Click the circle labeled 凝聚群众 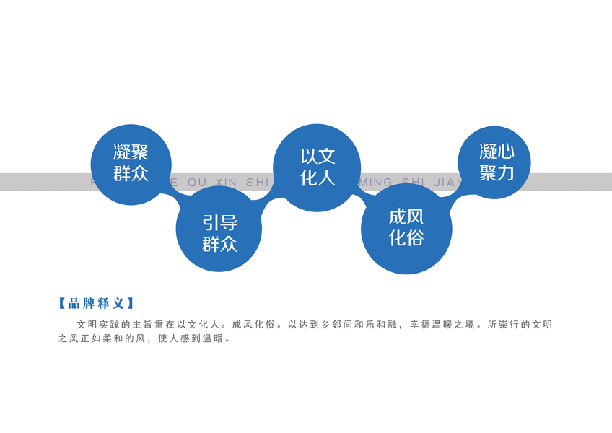coord(131,163)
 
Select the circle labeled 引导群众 coord(219,232)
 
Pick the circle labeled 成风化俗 coord(406,228)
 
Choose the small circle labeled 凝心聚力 coord(495,162)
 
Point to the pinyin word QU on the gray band coord(196,183)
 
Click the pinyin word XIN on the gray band coord(226,183)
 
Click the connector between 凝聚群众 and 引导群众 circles coord(173,193)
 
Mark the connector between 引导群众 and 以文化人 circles coord(268,203)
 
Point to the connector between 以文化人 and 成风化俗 coord(362,192)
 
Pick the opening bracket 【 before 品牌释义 coord(62,303)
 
